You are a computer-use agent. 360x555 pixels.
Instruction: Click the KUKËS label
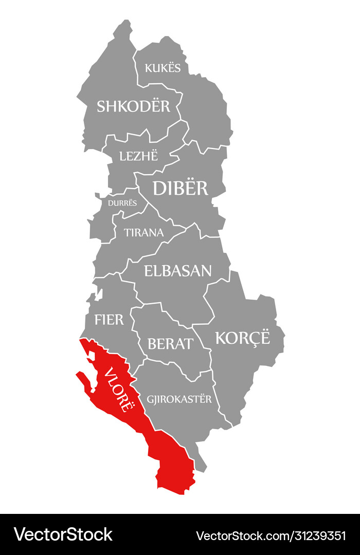pyautogui.click(x=163, y=68)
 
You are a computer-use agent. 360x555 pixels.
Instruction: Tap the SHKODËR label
pyautogui.click(x=133, y=106)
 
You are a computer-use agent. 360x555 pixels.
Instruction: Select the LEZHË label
pyautogui.click(x=138, y=156)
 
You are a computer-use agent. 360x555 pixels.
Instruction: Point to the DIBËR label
pyautogui.click(x=181, y=189)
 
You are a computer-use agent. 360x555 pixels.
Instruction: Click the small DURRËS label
pyautogui.click(x=122, y=202)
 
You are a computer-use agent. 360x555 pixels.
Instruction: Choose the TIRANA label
pyautogui.click(x=143, y=232)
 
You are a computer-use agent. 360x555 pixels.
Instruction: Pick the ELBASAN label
pyautogui.click(x=178, y=271)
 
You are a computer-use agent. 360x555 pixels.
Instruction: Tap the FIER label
pyautogui.click(x=109, y=320)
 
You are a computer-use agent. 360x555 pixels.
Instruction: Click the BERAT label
pyautogui.click(x=170, y=344)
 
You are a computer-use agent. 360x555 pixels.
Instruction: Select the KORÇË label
pyautogui.click(x=242, y=338)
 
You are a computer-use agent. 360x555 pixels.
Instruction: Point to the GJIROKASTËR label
pyautogui.click(x=179, y=399)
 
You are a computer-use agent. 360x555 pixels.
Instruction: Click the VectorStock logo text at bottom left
pyautogui.click(x=63, y=534)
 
